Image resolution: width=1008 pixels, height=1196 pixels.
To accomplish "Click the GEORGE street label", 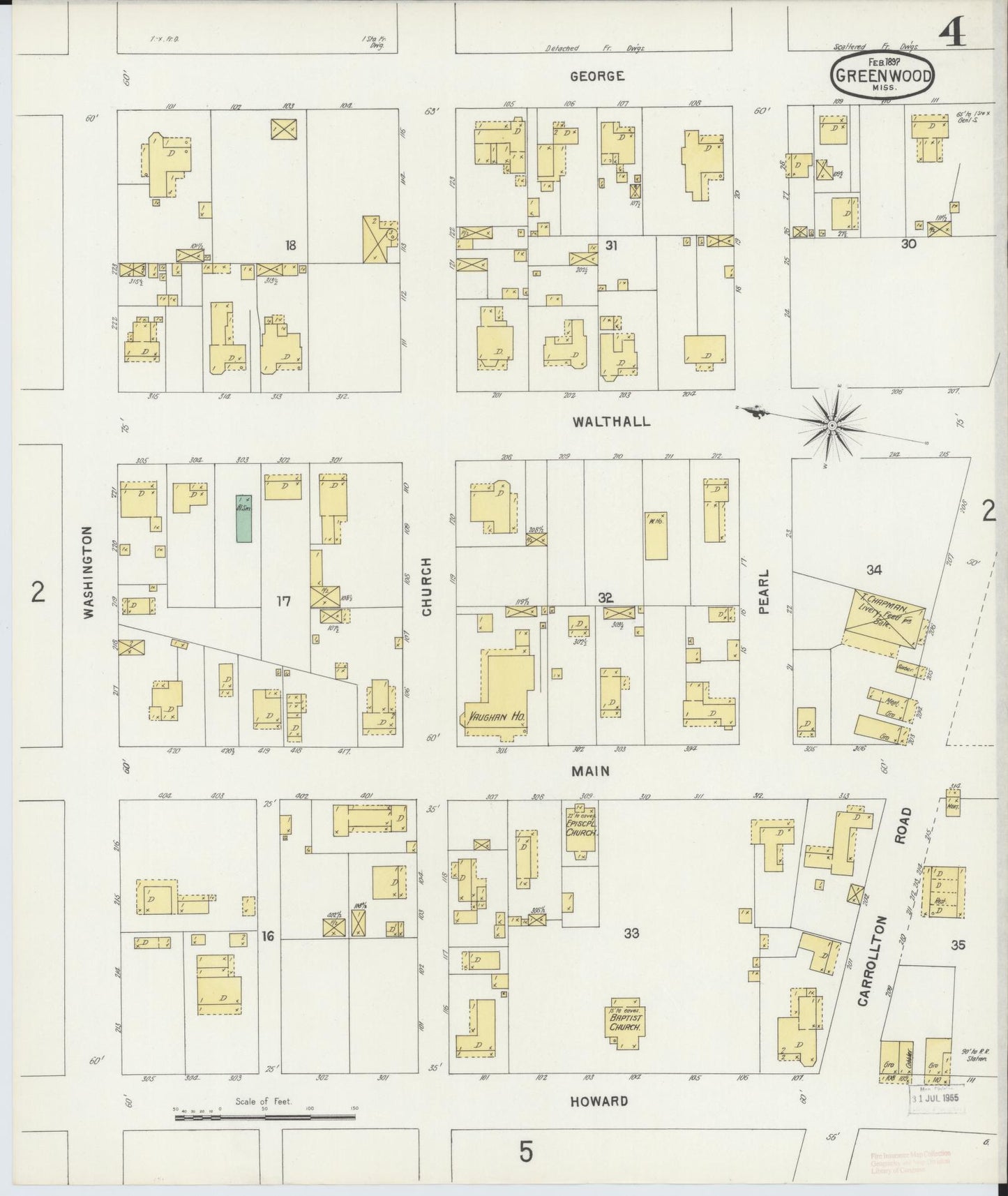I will coord(596,76).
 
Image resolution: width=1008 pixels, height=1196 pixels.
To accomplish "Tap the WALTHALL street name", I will coord(611,421).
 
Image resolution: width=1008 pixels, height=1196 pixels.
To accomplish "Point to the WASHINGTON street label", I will coord(88,572).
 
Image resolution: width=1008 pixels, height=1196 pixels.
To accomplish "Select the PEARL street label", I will coord(763,592).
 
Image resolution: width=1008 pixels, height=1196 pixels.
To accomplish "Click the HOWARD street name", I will coord(599,1101).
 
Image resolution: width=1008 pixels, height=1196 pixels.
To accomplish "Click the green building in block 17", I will coord(243,518).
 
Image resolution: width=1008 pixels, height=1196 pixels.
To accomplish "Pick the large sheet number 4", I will coord(953,33).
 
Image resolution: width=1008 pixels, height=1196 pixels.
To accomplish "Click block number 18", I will coord(291,245).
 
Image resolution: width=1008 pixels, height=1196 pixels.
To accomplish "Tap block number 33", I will coord(631,932).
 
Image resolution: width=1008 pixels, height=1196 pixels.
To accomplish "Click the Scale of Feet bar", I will coord(265,1118).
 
